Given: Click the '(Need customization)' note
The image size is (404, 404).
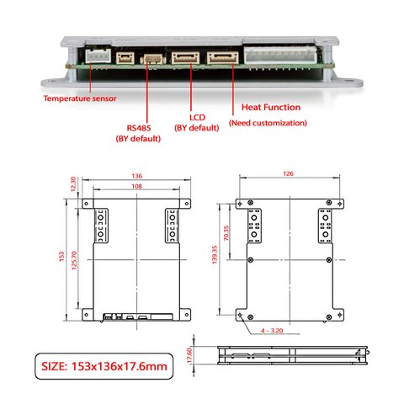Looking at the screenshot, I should click(x=268, y=123).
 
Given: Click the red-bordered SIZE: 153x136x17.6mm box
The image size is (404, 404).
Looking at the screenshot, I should click(x=104, y=366).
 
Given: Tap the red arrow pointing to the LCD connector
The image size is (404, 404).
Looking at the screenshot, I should click(x=192, y=88).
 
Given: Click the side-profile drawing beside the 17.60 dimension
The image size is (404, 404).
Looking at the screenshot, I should click(x=291, y=354).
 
